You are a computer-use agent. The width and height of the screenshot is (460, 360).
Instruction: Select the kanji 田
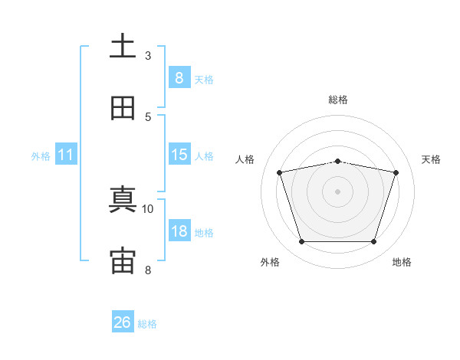[123, 109]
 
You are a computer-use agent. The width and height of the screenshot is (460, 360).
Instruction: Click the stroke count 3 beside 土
[148, 55]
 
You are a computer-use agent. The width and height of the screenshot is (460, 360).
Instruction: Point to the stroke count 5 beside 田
[148, 116]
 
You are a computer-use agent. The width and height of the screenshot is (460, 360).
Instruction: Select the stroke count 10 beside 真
[148, 208]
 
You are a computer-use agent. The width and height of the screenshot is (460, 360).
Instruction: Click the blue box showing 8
[179, 78]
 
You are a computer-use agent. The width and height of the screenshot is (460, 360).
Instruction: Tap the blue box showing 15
[179, 155]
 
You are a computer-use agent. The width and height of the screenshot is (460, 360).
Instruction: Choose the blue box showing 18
[179, 232]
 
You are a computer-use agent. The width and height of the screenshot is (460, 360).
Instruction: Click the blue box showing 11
[66, 155]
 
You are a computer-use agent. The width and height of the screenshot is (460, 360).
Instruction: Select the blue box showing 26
[123, 322]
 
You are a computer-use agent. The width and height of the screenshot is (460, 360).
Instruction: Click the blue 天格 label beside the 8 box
[204, 80]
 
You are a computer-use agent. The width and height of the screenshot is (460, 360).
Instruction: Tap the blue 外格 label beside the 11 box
[41, 156]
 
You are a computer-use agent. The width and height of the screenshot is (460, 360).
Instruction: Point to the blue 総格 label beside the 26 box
[148, 324]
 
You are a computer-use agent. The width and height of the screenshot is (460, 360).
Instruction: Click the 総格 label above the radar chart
[338, 100]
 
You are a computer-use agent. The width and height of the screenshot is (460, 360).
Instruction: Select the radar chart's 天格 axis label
[432, 159]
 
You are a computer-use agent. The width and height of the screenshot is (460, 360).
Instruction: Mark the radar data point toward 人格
[280, 172]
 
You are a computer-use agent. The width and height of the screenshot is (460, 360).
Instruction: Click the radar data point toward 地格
[373, 242]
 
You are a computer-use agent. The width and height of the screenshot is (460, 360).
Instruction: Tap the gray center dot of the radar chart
[337, 191]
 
